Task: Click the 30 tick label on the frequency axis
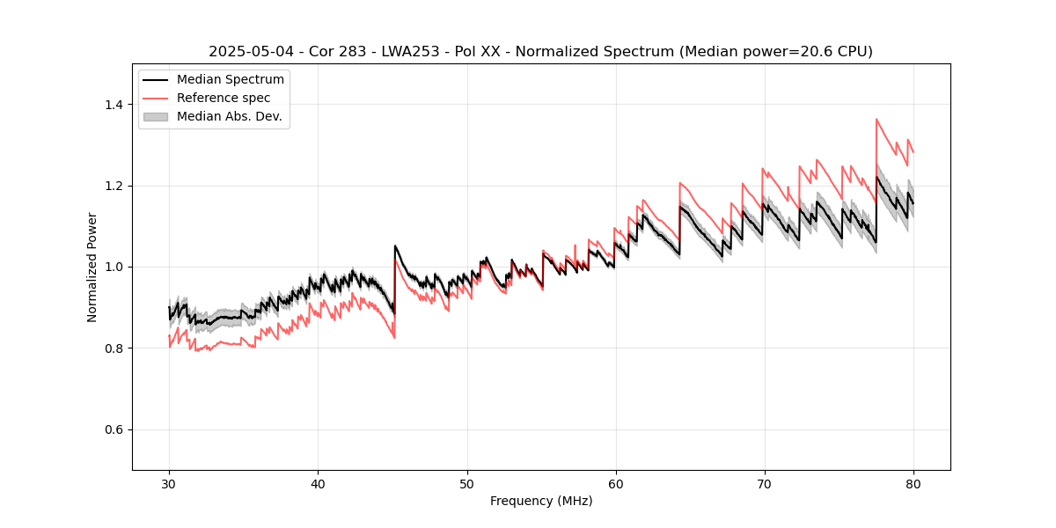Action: click(x=169, y=484)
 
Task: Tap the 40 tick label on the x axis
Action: click(x=318, y=484)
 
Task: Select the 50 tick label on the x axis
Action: click(x=466, y=484)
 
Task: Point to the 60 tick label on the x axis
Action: click(x=615, y=484)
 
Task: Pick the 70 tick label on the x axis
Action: click(x=764, y=484)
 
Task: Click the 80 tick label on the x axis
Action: click(x=913, y=484)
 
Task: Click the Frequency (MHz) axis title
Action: click(x=541, y=502)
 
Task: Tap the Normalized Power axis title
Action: click(x=92, y=267)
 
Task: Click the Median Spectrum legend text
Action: click(x=231, y=80)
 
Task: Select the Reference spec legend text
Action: click(x=224, y=98)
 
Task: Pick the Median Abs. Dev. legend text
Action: click(x=229, y=116)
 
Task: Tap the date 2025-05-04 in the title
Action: click(x=244, y=52)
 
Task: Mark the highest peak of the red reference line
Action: click(x=876, y=119)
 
